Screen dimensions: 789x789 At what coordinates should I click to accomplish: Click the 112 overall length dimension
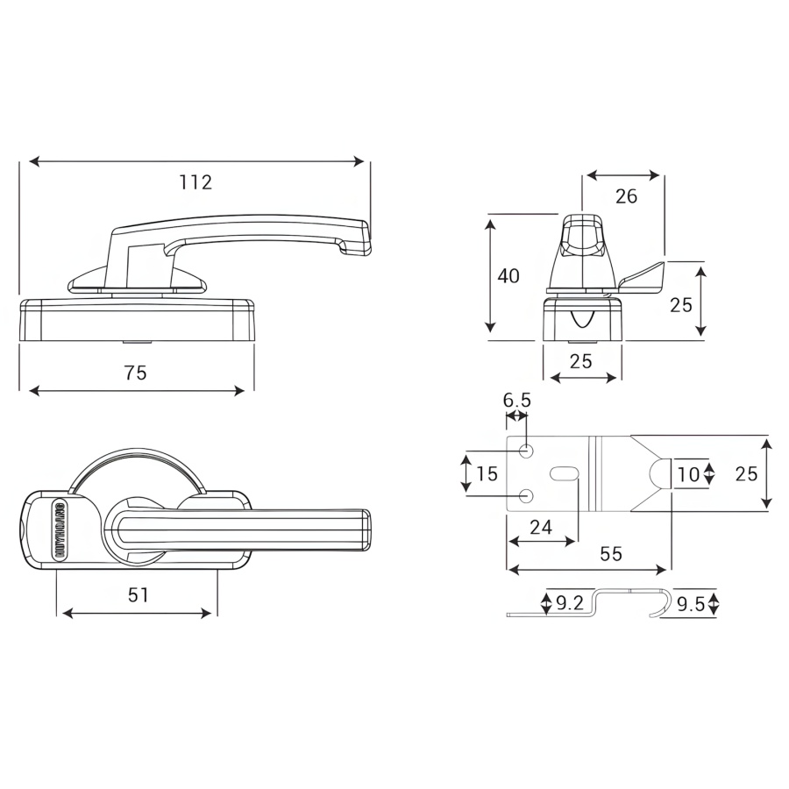195,182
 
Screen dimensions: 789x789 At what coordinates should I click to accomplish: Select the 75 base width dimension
135,373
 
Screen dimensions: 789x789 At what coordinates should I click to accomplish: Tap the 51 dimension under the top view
138,595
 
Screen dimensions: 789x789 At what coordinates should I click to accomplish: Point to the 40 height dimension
508,276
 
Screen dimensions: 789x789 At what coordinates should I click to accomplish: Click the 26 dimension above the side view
626,196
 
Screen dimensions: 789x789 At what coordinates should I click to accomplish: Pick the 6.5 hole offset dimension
517,401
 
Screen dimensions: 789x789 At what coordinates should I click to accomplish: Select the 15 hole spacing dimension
487,474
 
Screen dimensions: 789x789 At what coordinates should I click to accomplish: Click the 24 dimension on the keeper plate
542,526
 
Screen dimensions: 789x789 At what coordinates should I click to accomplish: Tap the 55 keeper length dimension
611,554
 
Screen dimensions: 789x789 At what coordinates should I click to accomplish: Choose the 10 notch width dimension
689,474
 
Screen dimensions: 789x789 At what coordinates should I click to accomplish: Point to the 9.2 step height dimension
570,603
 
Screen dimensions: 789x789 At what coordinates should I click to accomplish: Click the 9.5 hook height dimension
692,603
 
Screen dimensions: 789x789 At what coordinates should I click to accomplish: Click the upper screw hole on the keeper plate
527,451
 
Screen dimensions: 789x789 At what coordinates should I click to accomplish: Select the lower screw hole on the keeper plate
527,497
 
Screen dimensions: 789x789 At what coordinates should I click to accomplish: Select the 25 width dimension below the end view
581,360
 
